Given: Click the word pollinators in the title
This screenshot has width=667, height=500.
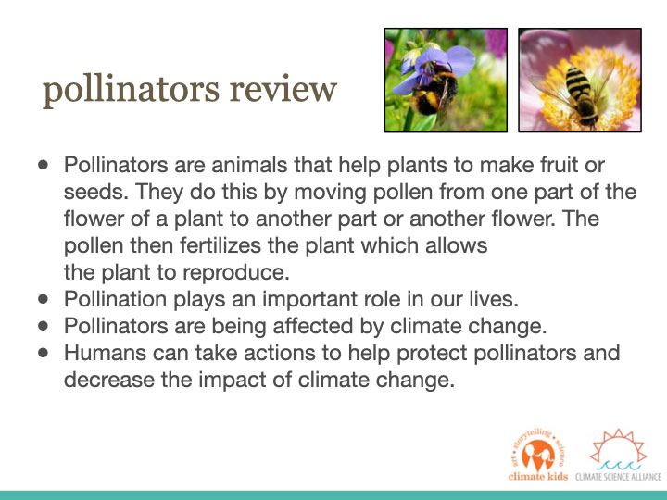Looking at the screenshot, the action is point(131,90).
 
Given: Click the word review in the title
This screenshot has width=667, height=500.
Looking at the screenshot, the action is point(283,89).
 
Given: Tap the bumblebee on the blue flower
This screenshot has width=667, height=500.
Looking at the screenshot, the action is point(434,90).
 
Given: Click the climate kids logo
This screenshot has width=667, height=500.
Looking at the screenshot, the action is point(538,455).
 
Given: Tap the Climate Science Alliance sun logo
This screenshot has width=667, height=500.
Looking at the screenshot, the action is point(618,455).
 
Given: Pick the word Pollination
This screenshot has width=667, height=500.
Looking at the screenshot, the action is point(115,299).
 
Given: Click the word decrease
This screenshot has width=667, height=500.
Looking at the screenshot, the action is point(109,380).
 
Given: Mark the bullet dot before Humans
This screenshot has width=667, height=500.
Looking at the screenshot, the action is point(43,353).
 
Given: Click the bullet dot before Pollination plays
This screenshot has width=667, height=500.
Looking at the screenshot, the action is point(43,299).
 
